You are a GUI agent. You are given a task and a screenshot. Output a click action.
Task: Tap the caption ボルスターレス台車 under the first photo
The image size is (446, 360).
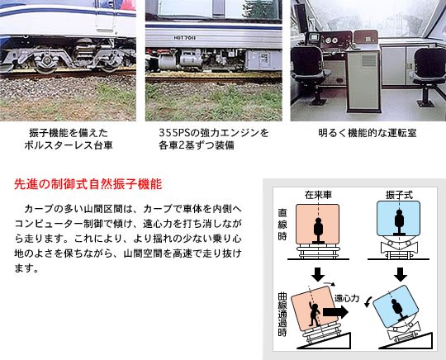[x=69, y=145]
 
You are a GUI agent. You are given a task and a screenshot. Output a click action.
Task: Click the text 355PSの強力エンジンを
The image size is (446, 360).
[x=213, y=132]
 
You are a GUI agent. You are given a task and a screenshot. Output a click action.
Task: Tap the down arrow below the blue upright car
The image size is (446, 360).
[x=398, y=273]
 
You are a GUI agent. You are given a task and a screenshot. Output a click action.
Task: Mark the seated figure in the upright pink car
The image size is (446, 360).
[x=317, y=230]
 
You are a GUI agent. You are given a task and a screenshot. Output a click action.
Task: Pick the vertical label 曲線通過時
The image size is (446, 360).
[x=282, y=317]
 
